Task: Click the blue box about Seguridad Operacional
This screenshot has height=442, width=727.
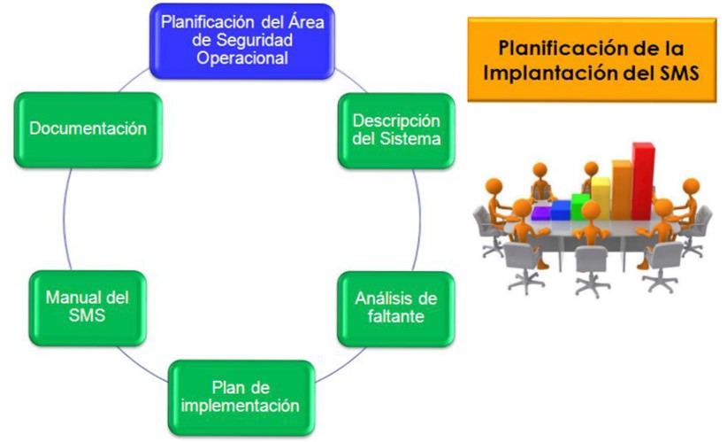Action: click(x=242, y=41)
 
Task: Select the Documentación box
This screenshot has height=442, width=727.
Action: click(x=88, y=129)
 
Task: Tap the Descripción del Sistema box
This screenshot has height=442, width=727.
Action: click(x=396, y=130)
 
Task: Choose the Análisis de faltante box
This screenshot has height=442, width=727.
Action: click(x=396, y=309)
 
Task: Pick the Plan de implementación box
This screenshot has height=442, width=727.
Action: click(x=241, y=398)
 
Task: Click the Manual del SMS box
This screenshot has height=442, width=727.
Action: click(x=88, y=308)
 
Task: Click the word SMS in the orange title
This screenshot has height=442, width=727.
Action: click(x=680, y=73)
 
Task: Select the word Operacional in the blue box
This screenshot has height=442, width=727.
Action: click(x=242, y=58)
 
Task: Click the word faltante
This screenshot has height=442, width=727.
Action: click(x=396, y=316)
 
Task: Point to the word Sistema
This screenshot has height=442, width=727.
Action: click(x=410, y=139)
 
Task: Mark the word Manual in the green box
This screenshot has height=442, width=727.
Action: click(x=73, y=298)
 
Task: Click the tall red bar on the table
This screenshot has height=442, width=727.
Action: click(x=644, y=181)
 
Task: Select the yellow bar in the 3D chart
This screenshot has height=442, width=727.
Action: click(x=601, y=198)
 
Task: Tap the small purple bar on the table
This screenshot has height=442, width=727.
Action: click(x=541, y=213)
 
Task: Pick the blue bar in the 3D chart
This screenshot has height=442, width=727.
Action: click(x=561, y=210)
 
